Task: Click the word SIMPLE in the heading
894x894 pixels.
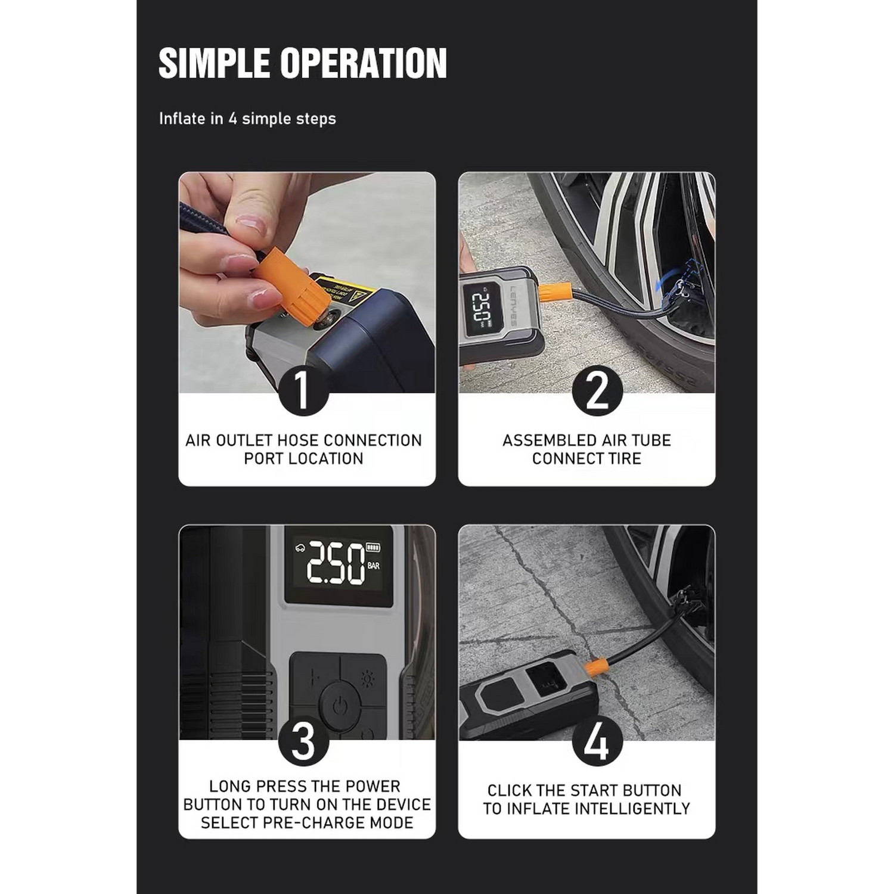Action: (x=214, y=63)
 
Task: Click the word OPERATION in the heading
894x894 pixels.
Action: (x=364, y=63)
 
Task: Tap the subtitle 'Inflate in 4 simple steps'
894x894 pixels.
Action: (x=247, y=119)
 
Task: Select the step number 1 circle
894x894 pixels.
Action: (x=303, y=390)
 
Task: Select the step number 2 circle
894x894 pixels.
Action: (x=597, y=390)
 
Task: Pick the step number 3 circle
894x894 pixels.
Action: (x=303, y=741)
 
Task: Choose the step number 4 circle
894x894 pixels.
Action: (x=597, y=741)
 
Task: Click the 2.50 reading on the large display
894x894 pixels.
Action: (x=335, y=563)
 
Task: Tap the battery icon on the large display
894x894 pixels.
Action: (x=373, y=547)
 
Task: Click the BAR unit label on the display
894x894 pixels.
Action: (x=374, y=566)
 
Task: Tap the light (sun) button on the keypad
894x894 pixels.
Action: (x=368, y=679)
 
